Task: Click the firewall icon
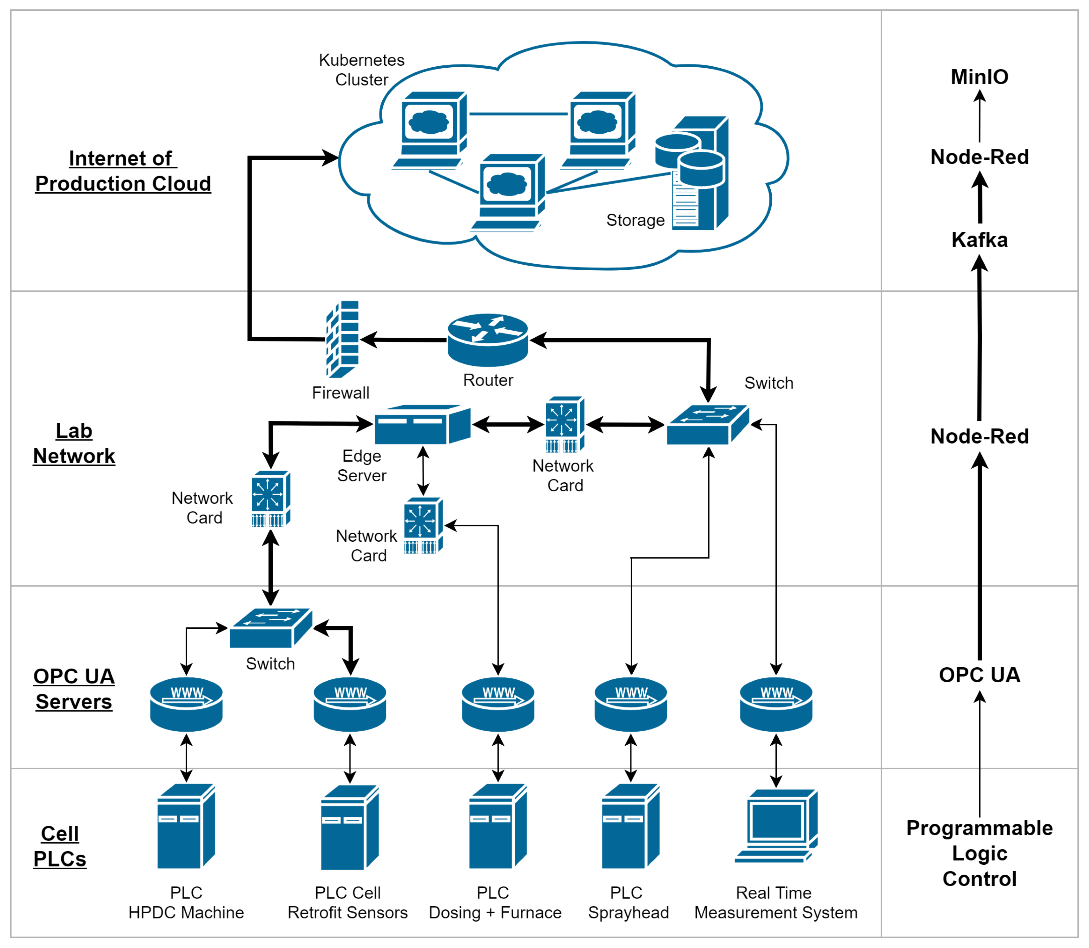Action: click(x=343, y=339)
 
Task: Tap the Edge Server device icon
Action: click(x=422, y=424)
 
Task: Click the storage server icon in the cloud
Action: click(x=694, y=174)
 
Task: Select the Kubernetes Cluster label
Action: click(x=362, y=70)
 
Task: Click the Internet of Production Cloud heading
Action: click(x=123, y=171)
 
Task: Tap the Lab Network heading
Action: click(x=74, y=443)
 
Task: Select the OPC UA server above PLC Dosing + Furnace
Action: click(x=498, y=704)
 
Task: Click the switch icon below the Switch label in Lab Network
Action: click(x=707, y=424)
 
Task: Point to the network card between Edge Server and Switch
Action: click(x=565, y=424)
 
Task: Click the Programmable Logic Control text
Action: click(x=979, y=853)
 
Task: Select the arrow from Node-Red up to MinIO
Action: click(x=979, y=116)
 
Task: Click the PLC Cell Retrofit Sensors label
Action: click(x=348, y=902)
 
